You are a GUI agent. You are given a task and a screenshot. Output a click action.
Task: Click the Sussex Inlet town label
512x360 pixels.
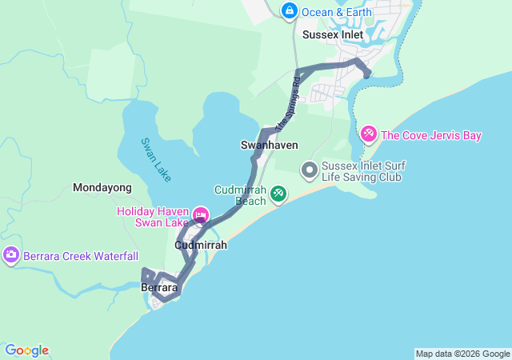(333, 35)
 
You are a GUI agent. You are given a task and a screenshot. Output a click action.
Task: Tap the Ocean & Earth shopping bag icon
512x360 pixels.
(289, 11)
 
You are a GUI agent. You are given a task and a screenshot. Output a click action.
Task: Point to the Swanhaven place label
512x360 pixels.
(270, 145)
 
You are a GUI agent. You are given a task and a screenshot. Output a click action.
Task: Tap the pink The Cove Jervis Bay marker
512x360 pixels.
(369, 134)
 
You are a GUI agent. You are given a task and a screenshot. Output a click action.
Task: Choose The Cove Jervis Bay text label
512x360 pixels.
(431, 135)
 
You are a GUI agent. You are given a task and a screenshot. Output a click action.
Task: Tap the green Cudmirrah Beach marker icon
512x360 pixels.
(278, 193)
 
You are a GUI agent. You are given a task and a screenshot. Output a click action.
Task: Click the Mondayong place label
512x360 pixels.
(102, 187)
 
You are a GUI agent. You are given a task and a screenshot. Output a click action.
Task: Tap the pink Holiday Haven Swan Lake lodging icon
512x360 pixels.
(200, 214)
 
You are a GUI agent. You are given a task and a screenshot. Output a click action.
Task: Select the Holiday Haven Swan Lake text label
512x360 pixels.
(153, 217)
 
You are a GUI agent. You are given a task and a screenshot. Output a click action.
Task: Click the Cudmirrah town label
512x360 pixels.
(201, 245)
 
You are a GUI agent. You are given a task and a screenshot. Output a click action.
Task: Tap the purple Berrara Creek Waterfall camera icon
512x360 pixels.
(11, 255)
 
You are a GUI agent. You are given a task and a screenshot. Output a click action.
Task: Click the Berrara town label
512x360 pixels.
(158, 286)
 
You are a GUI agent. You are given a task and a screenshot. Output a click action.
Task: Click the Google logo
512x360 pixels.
(27, 350)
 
